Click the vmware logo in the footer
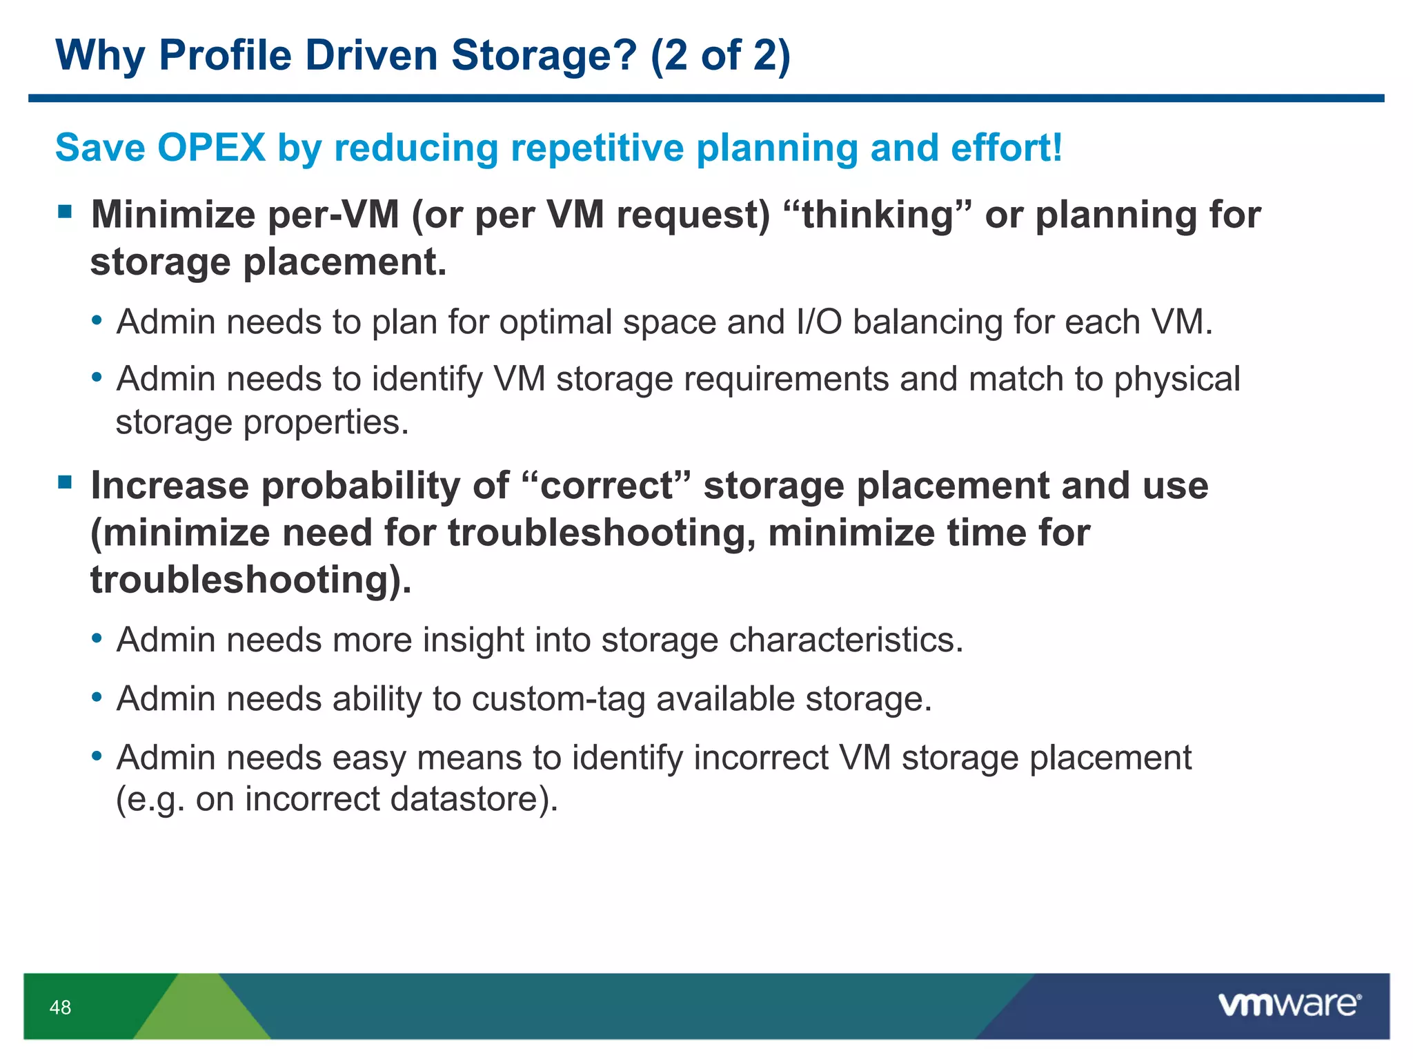tap(1289, 1005)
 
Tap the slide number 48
tap(60, 1008)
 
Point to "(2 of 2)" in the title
tap(720, 55)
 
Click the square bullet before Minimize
tap(66, 211)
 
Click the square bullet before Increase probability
tap(66, 482)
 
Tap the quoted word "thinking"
tap(878, 215)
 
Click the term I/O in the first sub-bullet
tap(819, 322)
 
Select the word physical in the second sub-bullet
tap(1177, 379)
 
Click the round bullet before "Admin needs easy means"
tap(97, 756)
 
